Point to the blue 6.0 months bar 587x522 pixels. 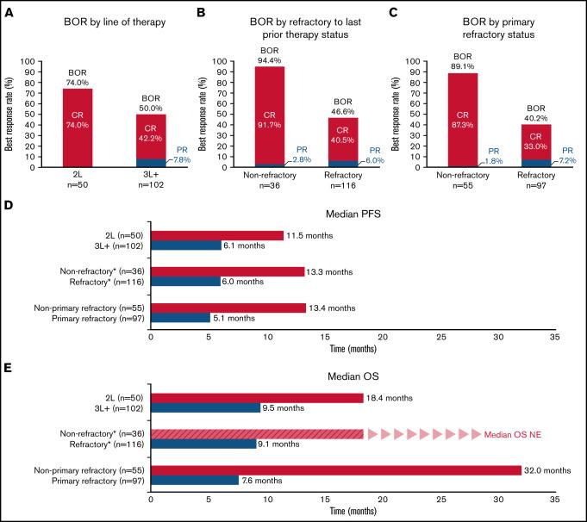(x=185, y=282)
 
